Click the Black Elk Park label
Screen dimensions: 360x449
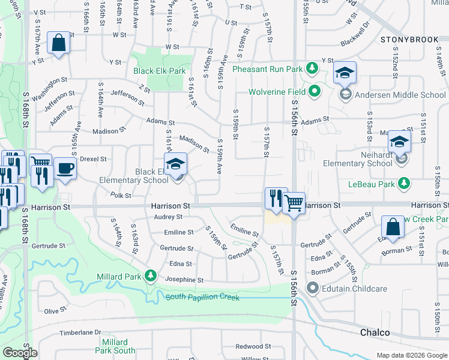pyautogui.click(x=160, y=71)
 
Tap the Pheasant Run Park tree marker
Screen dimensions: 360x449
pyautogui.click(x=312, y=69)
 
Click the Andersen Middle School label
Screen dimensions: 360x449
pyautogui.click(x=400, y=95)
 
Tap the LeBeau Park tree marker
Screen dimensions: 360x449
pyautogui.click(x=405, y=184)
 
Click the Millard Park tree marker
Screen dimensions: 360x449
pyautogui.click(x=152, y=277)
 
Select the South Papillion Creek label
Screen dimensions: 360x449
pyautogui.click(x=202, y=298)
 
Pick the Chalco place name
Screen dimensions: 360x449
pyautogui.click(x=375, y=332)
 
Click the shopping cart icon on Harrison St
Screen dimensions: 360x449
pyautogui.click(x=294, y=203)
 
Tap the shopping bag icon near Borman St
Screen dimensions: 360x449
pyautogui.click(x=393, y=227)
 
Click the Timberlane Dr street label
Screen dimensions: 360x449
pyautogui.click(x=80, y=332)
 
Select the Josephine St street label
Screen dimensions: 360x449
pyautogui.click(x=184, y=280)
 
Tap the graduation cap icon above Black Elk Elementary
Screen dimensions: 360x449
pyautogui.click(x=176, y=163)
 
